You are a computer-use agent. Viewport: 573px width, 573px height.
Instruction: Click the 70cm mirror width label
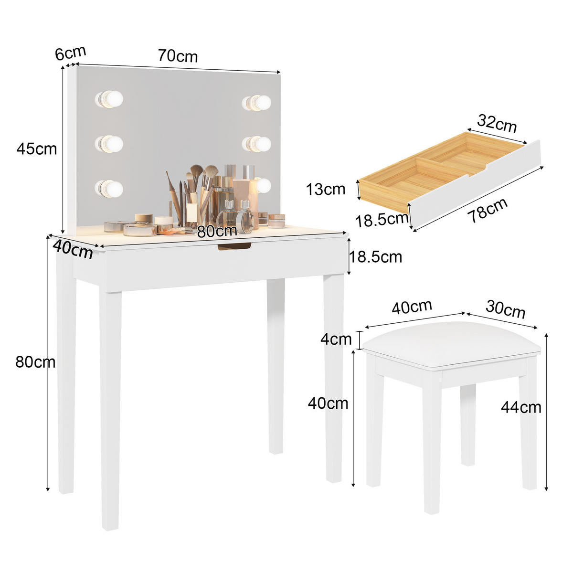coord(178,56)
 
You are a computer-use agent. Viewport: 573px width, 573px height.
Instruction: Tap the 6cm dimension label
coord(70,53)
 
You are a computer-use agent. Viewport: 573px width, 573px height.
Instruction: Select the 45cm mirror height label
coord(36,149)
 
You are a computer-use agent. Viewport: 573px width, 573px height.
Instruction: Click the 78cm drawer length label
coord(487,210)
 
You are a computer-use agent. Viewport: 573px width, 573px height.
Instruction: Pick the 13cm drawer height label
coord(326,189)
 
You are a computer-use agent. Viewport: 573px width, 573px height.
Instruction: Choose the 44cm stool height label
coord(521,407)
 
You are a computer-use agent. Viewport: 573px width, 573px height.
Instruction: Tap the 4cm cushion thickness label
coord(336,340)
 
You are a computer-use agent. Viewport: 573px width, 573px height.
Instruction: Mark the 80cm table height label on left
coord(35,362)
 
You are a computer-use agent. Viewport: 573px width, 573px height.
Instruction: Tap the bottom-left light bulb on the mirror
coord(109,188)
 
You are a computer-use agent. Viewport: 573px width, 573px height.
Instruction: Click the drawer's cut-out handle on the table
coord(234,246)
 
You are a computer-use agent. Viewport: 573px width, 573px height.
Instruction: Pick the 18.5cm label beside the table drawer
coord(376,257)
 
